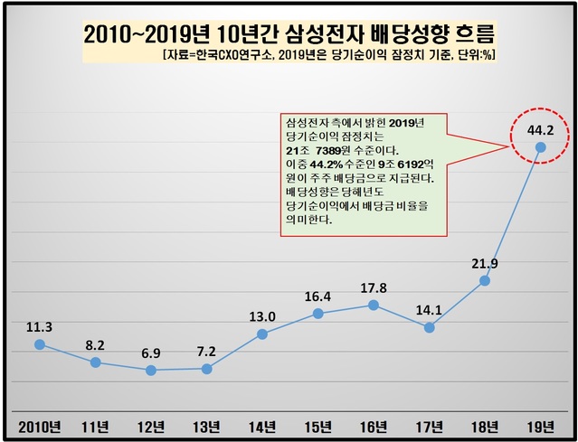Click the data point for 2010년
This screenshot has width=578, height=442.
(x=39, y=344)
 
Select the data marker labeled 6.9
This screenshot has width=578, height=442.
(x=151, y=371)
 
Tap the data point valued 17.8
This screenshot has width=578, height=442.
(x=374, y=305)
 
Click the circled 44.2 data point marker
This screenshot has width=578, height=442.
(x=541, y=146)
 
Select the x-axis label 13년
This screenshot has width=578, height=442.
(x=207, y=426)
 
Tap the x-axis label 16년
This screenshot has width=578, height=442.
(x=374, y=426)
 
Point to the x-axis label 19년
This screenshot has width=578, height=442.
(x=541, y=426)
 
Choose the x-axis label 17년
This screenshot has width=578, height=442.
(x=430, y=426)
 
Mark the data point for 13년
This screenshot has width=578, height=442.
(x=207, y=369)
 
